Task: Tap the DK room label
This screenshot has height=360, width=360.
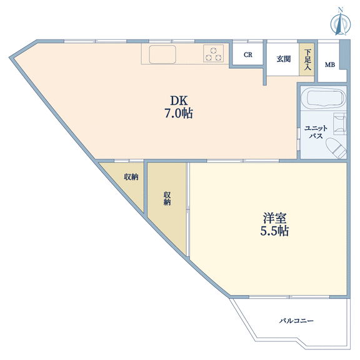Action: point(179,101)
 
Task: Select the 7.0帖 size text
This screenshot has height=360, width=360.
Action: point(179,113)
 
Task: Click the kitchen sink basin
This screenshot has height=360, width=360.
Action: point(162,54)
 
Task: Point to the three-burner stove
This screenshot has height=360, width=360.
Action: point(213,53)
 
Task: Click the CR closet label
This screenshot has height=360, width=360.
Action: point(248,55)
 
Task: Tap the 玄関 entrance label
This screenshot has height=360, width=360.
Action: point(284,59)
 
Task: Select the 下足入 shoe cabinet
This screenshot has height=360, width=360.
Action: point(306,59)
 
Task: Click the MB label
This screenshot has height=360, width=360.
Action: point(330,65)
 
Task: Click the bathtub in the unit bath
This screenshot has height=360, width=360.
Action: point(324,98)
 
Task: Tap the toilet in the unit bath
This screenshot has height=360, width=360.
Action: point(336,147)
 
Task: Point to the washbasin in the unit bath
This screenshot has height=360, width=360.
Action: point(340,124)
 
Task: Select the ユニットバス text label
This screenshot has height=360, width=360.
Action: point(316,132)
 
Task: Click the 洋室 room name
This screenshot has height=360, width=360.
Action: point(274,218)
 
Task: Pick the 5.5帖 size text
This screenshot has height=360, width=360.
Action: point(274,231)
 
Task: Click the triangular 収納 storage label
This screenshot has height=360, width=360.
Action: point(131,177)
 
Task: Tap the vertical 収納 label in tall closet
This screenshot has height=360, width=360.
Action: point(167,198)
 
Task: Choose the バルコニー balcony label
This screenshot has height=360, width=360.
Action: point(296,321)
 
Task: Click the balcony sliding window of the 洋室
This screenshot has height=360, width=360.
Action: point(289,297)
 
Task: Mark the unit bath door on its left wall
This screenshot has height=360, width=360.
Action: point(299,139)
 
